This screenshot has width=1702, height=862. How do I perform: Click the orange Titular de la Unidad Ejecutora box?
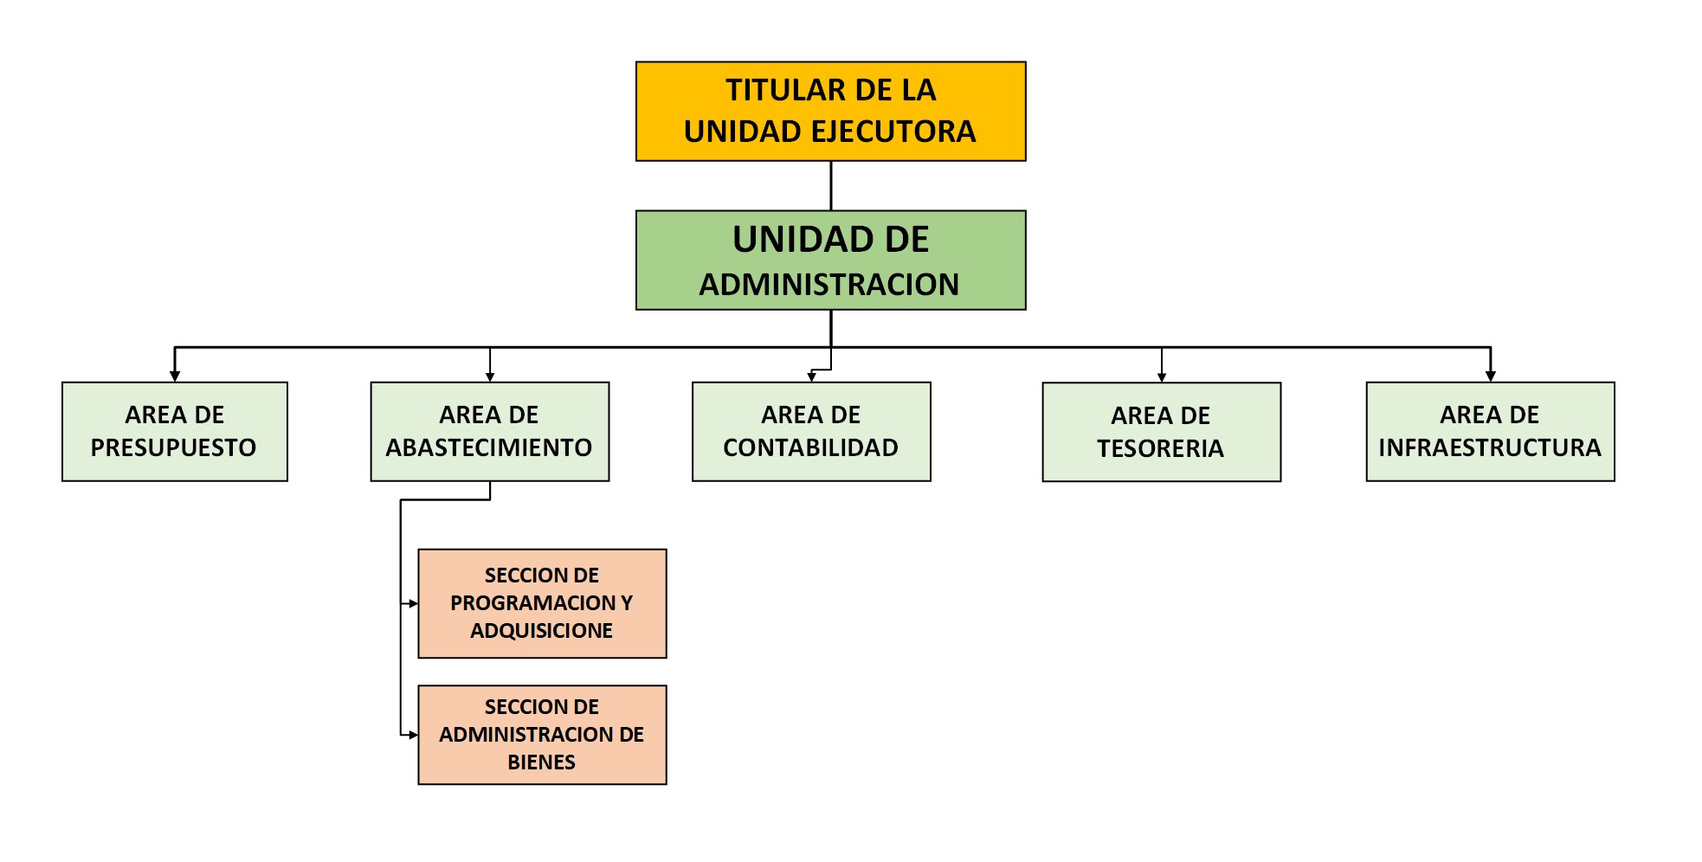click(x=831, y=111)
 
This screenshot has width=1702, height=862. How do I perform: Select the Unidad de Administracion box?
click(x=831, y=260)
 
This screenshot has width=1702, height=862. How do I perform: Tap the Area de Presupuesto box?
click(x=175, y=431)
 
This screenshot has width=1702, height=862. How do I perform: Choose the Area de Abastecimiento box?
click(x=490, y=431)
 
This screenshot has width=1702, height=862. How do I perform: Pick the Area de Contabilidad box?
click(x=811, y=431)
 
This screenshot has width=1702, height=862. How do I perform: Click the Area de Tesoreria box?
click(x=1162, y=432)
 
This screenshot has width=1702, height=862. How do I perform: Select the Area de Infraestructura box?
click(x=1490, y=431)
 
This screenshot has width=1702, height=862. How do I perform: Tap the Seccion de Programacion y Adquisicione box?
click(x=542, y=603)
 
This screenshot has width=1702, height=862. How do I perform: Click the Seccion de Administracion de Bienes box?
click(x=542, y=735)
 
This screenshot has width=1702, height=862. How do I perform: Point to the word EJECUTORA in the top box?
click(x=892, y=132)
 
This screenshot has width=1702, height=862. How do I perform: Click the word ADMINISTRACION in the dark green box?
click(x=829, y=284)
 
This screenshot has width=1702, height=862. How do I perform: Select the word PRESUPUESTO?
click(x=174, y=447)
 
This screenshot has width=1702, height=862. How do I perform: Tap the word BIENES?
click(x=542, y=762)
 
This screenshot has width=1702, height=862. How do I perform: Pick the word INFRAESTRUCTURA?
click(x=1490, y=447)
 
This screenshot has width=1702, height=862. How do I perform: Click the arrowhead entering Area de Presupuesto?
click(x=175, y=376)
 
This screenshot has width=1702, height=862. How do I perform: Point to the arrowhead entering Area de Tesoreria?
click(x=1162, y=377)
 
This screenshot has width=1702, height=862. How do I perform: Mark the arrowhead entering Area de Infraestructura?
click(x=1491, y=376)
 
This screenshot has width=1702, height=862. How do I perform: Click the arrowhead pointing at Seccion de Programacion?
click(x=413, y=603)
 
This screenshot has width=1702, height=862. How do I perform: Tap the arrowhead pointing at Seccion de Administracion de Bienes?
click(x=413, y=735)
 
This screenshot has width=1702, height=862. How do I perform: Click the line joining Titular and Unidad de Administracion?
click(x=831, y=186)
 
